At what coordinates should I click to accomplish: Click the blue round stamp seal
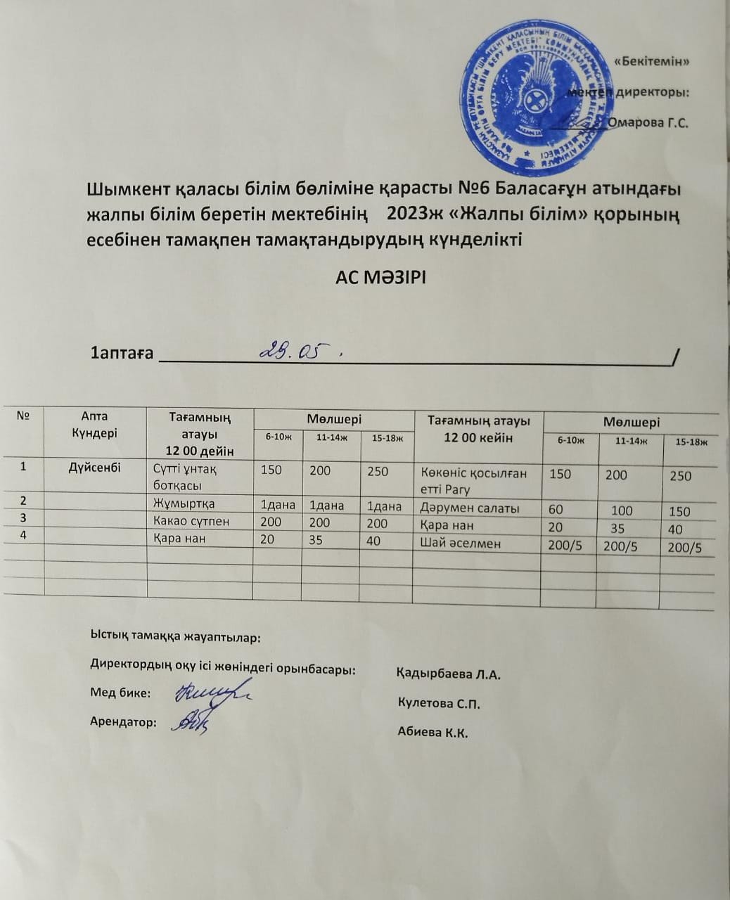(537, 98)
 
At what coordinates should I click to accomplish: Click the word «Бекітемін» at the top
(651, 61)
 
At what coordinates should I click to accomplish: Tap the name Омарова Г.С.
(648, 122)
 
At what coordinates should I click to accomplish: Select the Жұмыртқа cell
(184, 503)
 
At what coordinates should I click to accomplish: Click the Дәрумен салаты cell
(470, 508)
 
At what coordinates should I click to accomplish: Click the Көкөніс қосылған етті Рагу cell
(473, 481)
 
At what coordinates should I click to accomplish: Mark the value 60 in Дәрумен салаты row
(556, 509)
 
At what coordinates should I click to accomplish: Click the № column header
(23, 416)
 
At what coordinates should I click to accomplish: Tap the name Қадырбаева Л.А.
(449, 675)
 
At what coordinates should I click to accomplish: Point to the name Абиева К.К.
(433, 732)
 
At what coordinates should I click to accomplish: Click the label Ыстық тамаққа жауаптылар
(175, 638)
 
